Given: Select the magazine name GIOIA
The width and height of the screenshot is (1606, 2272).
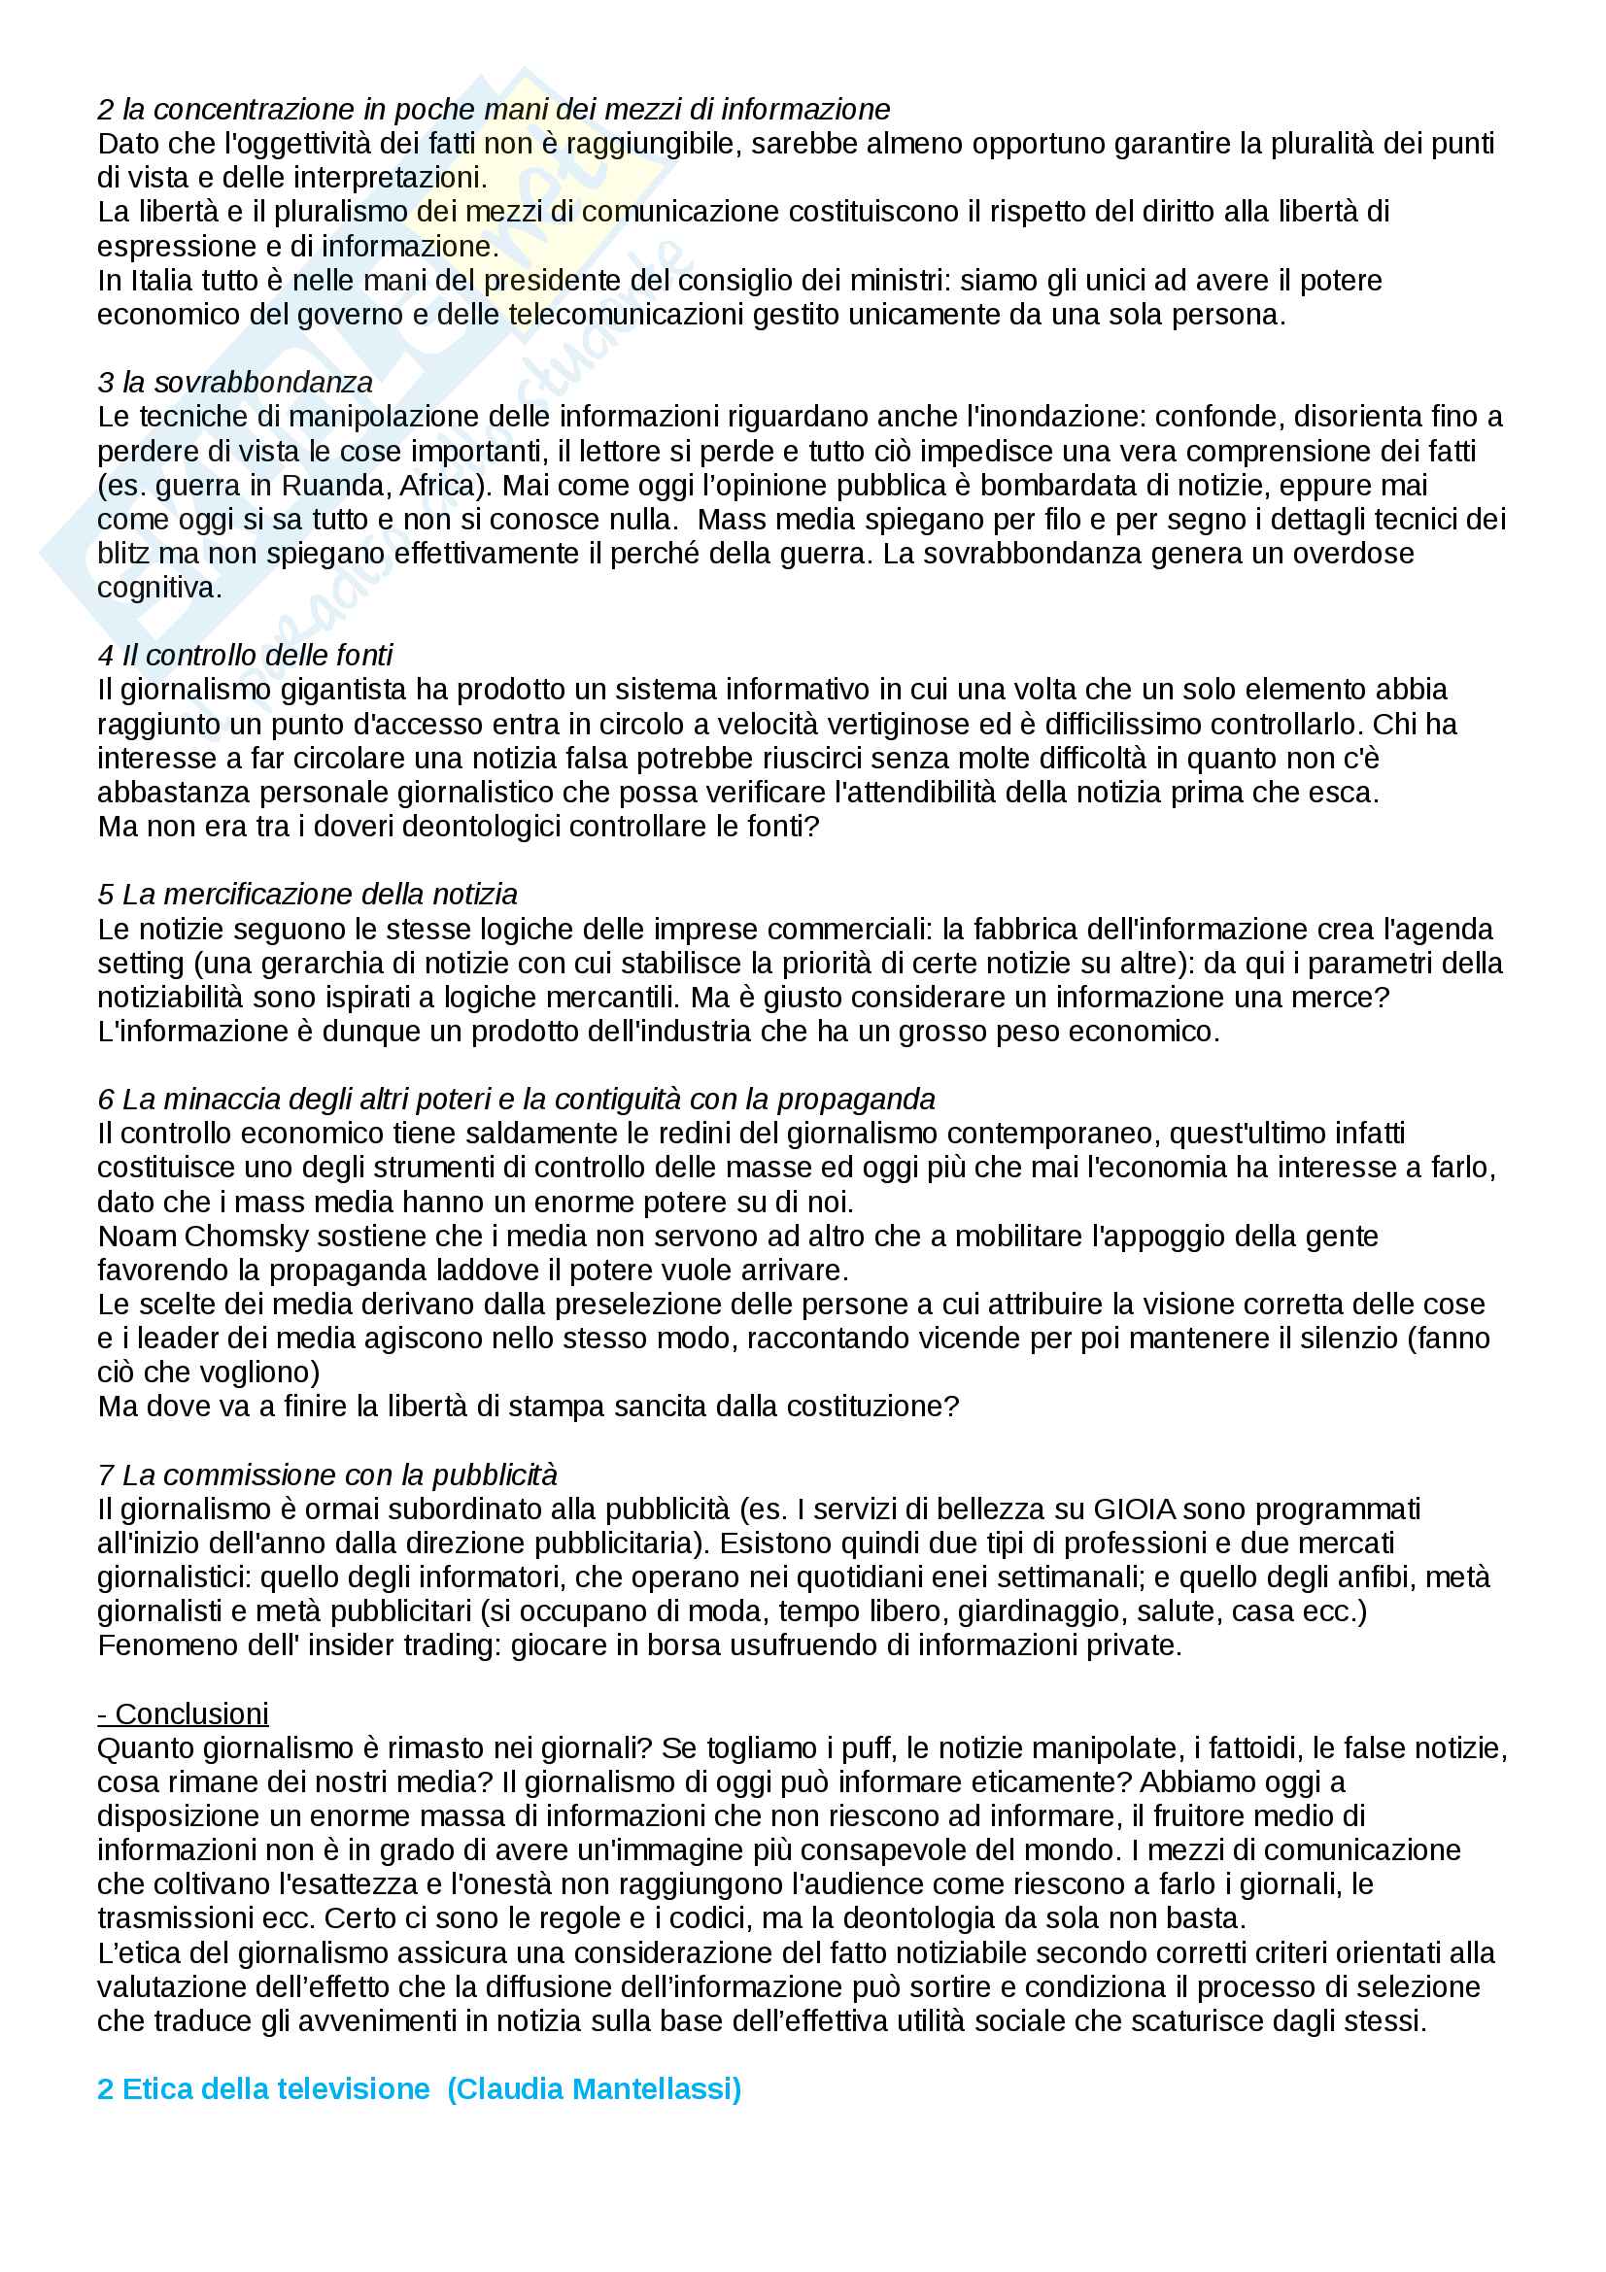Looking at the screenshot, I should pos(1135,1509).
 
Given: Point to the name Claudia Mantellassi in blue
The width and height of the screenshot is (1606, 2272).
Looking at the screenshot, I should pos(594,2089).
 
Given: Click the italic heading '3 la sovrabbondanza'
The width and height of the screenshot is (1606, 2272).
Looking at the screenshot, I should pos(235,382).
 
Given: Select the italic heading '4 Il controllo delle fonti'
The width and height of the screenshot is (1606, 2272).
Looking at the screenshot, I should pos(246,655).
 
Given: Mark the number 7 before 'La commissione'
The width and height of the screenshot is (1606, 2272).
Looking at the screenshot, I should pos(105,1475).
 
